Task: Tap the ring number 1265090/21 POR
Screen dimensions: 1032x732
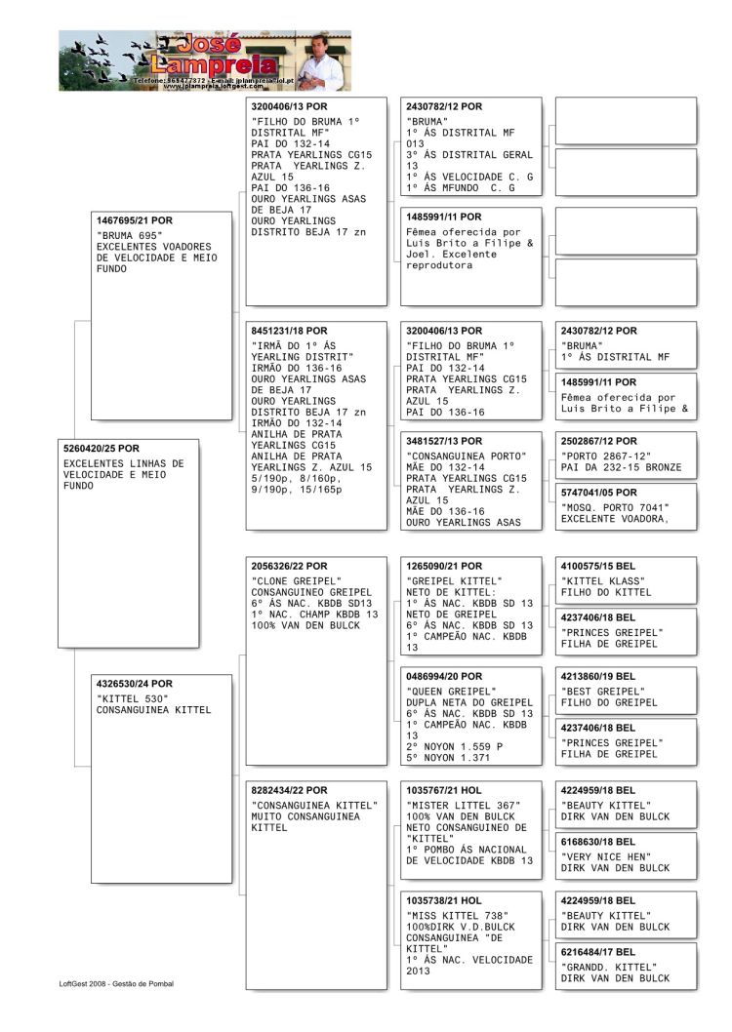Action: [444, 565]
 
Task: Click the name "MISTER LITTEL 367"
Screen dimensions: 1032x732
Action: [463, 805]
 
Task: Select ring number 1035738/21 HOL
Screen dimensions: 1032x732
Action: [444, 900]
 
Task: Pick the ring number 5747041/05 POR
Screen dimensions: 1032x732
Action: [598, 493]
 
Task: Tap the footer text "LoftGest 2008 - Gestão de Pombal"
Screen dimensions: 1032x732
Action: [116, 983]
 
